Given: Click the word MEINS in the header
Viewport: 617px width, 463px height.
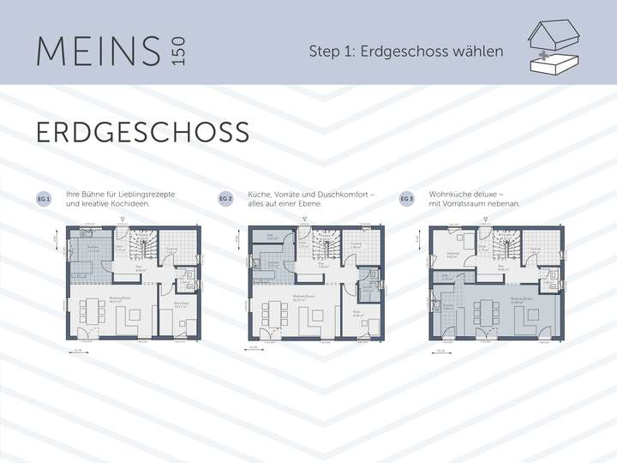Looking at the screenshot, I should tap(98, 51).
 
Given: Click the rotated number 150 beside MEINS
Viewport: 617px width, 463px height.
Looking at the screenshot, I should tap(177, 51).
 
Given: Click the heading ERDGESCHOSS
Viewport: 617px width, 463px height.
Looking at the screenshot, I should tap(142, 132).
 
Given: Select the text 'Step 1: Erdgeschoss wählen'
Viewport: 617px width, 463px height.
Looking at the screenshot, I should tap(406, 51).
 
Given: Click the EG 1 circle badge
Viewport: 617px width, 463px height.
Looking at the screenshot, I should tap(43, 199).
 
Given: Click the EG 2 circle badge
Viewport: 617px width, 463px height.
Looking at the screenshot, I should tap(225, 199).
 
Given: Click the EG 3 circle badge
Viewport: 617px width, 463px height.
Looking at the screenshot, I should tap(407, 199).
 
